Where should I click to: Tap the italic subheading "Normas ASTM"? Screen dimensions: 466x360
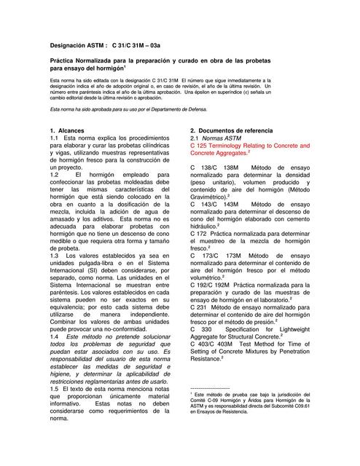coord(223,138)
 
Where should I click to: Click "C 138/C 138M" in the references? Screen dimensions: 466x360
coord(216,168)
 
